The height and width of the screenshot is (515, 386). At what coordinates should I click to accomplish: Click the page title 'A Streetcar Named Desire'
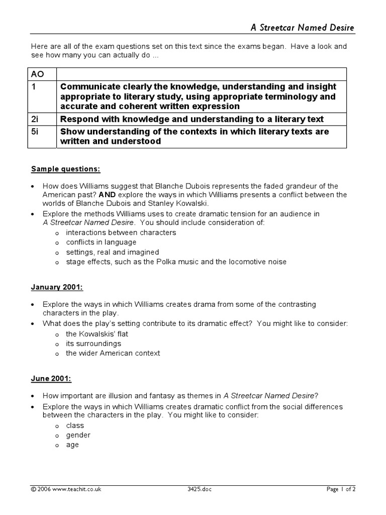(x=303, y=27)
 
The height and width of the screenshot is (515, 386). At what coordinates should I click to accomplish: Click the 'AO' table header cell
(x=38, y=74)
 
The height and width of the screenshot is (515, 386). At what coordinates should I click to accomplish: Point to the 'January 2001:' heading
(x=57, y=287)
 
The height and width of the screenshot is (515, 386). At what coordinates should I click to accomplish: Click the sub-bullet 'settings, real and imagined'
(x=112, y=252)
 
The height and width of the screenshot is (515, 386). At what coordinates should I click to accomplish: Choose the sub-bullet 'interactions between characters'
(x=121, y=233)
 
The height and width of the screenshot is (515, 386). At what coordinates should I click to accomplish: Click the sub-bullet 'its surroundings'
(x=93, y=344)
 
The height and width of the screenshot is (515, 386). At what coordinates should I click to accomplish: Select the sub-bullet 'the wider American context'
(x=113, y=353)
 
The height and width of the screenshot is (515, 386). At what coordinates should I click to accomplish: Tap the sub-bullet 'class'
(x=75, y=425)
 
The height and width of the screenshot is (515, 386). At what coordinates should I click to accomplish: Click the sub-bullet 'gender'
(x=78, y=435)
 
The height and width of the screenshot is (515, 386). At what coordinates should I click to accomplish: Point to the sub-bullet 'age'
(x=72, y=445)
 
